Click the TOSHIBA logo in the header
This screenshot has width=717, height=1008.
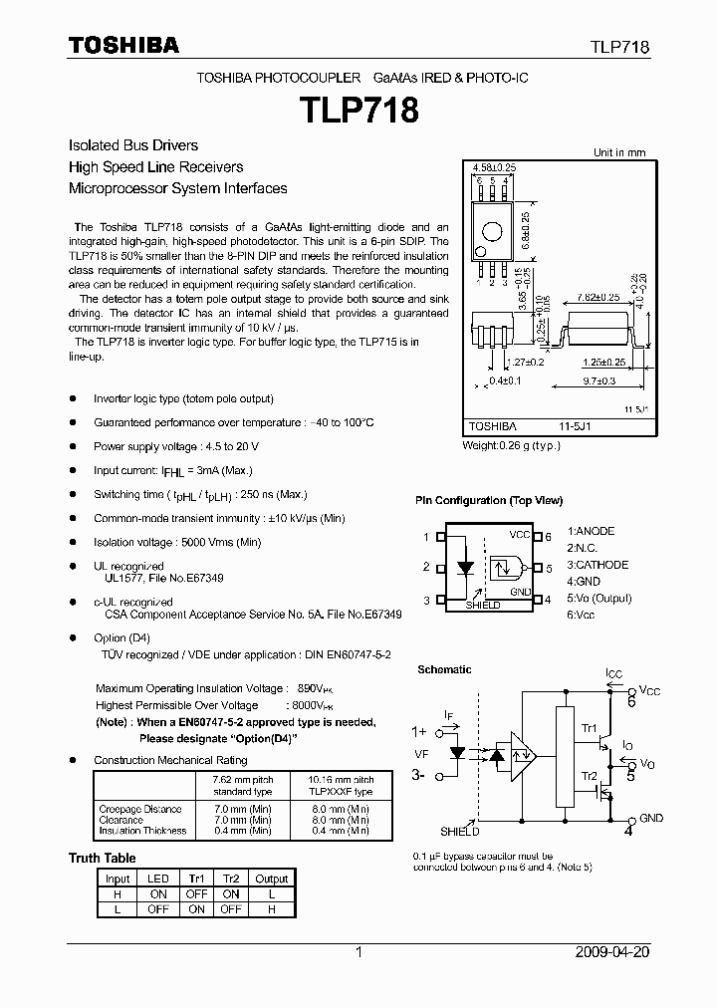click(123, 46)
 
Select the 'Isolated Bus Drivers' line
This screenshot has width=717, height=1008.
click(132, 145)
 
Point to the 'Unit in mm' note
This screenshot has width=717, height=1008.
click(619, 152)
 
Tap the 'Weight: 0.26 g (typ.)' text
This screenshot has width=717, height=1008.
click(511, 445)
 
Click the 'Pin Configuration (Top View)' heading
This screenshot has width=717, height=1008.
click(489, 500)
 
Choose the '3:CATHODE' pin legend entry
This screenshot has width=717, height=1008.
click(597, 565)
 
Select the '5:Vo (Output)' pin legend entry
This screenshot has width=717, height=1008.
click(599, 599)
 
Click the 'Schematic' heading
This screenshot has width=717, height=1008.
click(444, 669)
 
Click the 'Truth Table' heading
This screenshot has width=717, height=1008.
click(102, 858)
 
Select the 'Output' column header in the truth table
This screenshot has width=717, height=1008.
click(271, 879)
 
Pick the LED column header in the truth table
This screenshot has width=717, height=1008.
click(157, 879)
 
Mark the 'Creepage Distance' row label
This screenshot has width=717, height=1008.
click(140, 809)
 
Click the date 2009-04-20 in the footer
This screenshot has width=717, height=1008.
click(612, 952)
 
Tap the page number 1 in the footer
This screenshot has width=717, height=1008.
click(358, 952)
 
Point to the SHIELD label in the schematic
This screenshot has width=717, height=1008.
click(460, 831)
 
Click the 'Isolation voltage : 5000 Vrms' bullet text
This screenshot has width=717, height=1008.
click(177, 542)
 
